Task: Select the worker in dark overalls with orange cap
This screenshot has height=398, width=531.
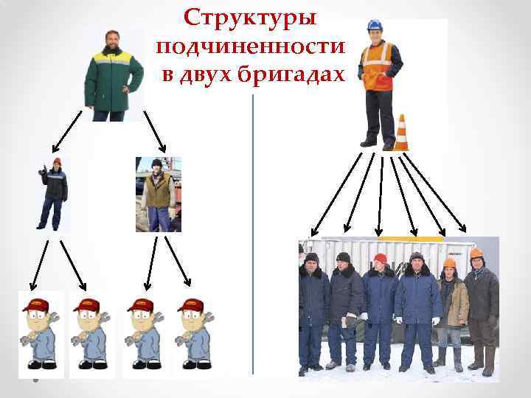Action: pyautogui.click(x=53, y=195)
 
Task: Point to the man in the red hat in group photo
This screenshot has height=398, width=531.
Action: pyautogui.click(x=381, y=310)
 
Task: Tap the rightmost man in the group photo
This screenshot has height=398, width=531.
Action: pyautogui.click(x=481, y=310)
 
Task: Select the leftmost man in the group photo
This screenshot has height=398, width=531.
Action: pyautogui.click(x=313, y=310)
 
